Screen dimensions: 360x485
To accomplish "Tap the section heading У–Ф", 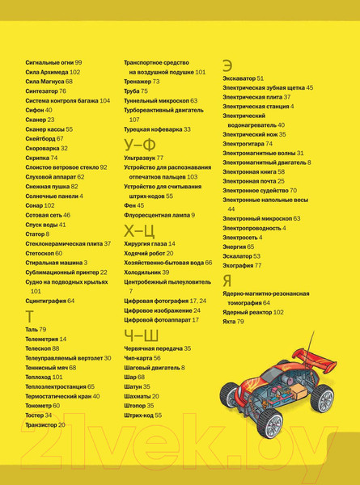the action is click(140, 145).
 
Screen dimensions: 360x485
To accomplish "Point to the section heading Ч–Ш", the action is click(141, 335).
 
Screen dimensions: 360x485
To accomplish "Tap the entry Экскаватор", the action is click(239, 78).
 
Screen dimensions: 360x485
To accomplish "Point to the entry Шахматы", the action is click(138, 396).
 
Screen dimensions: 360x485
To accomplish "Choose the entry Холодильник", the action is click(142, 272).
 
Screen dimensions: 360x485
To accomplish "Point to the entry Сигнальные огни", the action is click(49, 62).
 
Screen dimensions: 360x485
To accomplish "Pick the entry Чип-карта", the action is click(138, 358).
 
